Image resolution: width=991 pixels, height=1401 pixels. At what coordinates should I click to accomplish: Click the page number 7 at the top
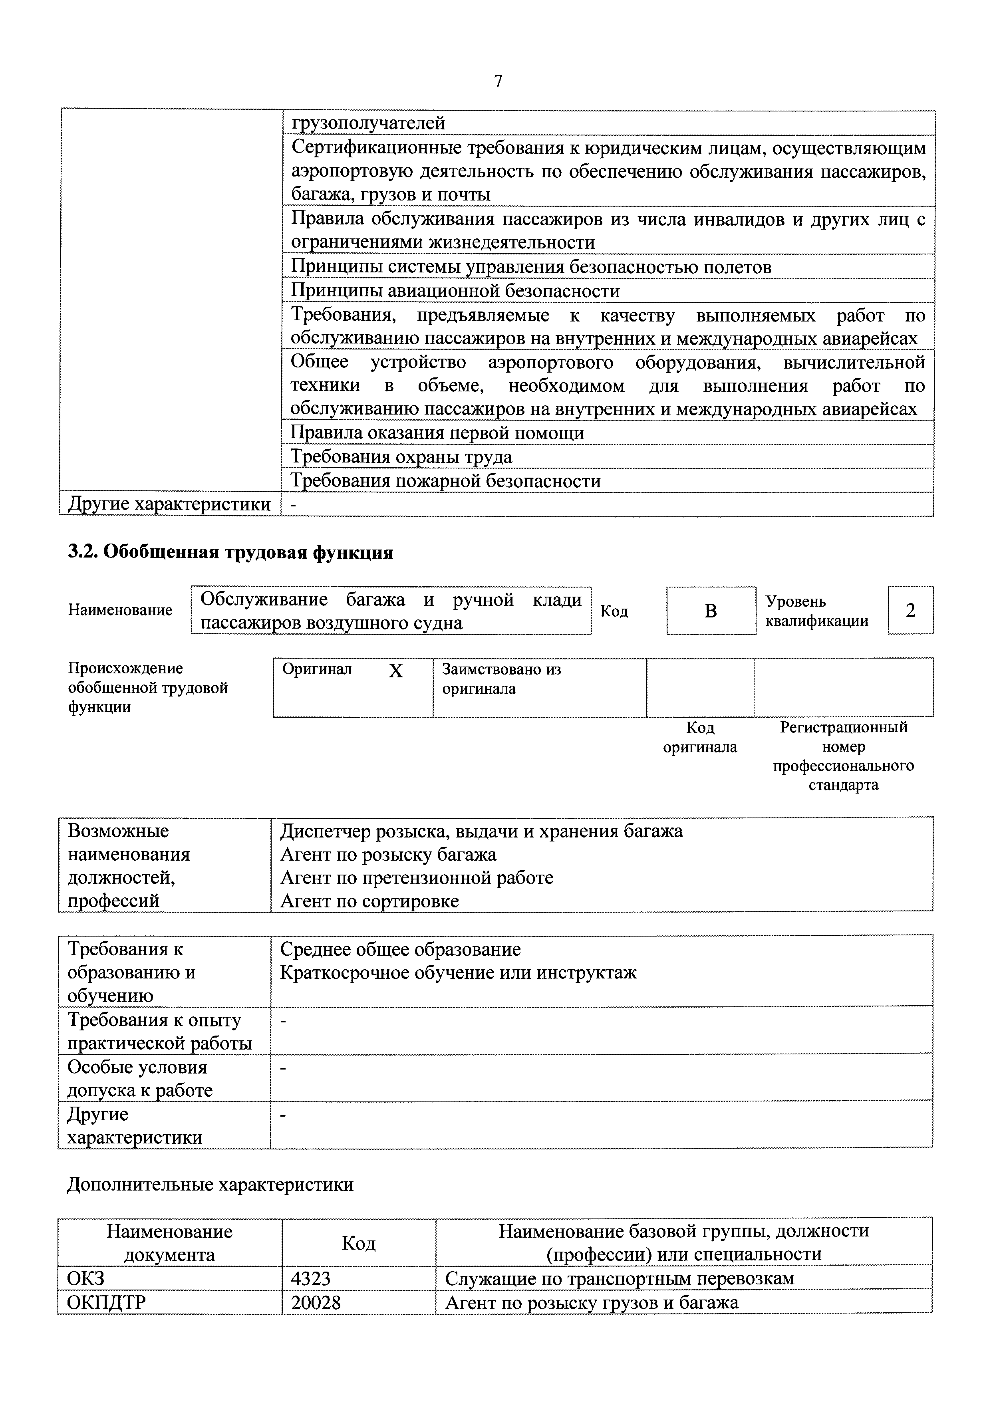pos(498,81)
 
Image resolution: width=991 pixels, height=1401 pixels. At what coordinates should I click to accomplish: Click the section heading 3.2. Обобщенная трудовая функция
pos(230,552)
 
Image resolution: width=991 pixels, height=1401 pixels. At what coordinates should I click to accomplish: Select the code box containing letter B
pos(710,611)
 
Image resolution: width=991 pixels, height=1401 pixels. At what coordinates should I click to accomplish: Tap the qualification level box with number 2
pos(910,610)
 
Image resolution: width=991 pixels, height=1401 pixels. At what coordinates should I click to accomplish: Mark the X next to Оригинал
pos(395,671)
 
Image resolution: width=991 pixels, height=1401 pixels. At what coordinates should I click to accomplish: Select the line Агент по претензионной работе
pos(416,877)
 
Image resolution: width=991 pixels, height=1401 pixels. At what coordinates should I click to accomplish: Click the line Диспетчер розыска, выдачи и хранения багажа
pos(481,831)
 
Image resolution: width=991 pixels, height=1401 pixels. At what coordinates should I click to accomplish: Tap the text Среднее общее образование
pos(400,949)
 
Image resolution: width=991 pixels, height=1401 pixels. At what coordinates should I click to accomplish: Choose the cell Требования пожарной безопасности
pos(445,481)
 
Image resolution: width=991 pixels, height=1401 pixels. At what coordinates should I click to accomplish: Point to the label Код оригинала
pos(699,737)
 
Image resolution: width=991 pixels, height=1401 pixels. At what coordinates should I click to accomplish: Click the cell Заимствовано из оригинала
pos(500,679)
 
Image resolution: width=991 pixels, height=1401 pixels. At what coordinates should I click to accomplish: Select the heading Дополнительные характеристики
pos(210,1185)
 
